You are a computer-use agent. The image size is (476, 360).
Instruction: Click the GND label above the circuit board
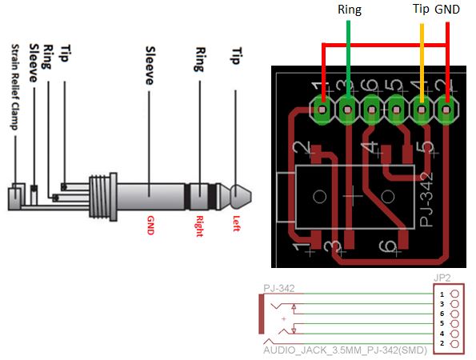pyautogui.click(x=447, y=10)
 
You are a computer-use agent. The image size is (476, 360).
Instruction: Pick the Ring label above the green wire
pyautogui.click(x=350, y=10)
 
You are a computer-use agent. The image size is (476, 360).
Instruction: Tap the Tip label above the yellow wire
pyautogui.click(x=421, y=10)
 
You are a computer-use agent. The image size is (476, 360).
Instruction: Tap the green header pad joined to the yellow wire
pyautogui.click(x=422, y=106)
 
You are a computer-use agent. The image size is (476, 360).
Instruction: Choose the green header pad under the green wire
pyautogui.click(x=348, y=106)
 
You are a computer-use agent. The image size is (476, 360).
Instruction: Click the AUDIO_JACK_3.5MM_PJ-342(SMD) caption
pyautogui.click(x=341, y=350)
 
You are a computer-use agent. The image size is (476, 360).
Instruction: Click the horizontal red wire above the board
pyautogui.click(x=384, y=44)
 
